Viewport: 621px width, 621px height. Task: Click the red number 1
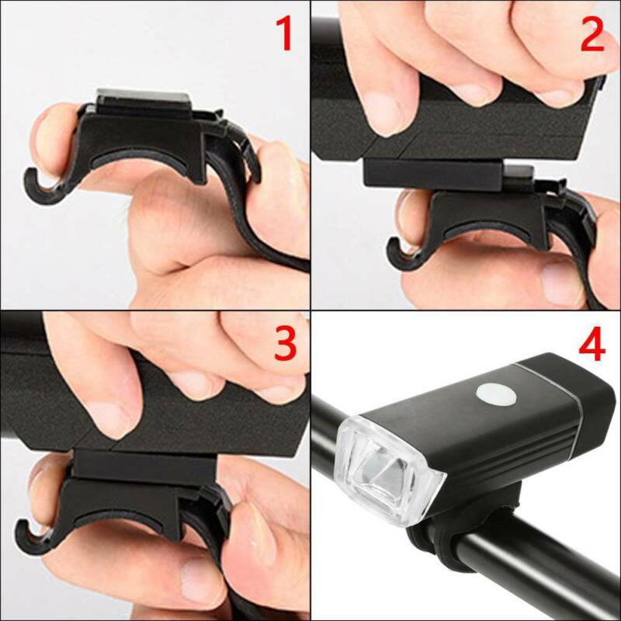pyautogui.click(x=285, y=33)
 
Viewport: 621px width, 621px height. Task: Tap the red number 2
pyautogui.click(x=592, y=34)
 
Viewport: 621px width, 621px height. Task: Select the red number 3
pyautogui.click(x=285, y=343)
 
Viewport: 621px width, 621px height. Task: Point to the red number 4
pyautogui.click(x=592, y=344)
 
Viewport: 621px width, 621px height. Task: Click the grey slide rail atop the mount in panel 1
pyautogui.click(x=144, y=99)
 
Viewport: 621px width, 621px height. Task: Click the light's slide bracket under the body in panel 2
pyautogui.click(x=434, y=172)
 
